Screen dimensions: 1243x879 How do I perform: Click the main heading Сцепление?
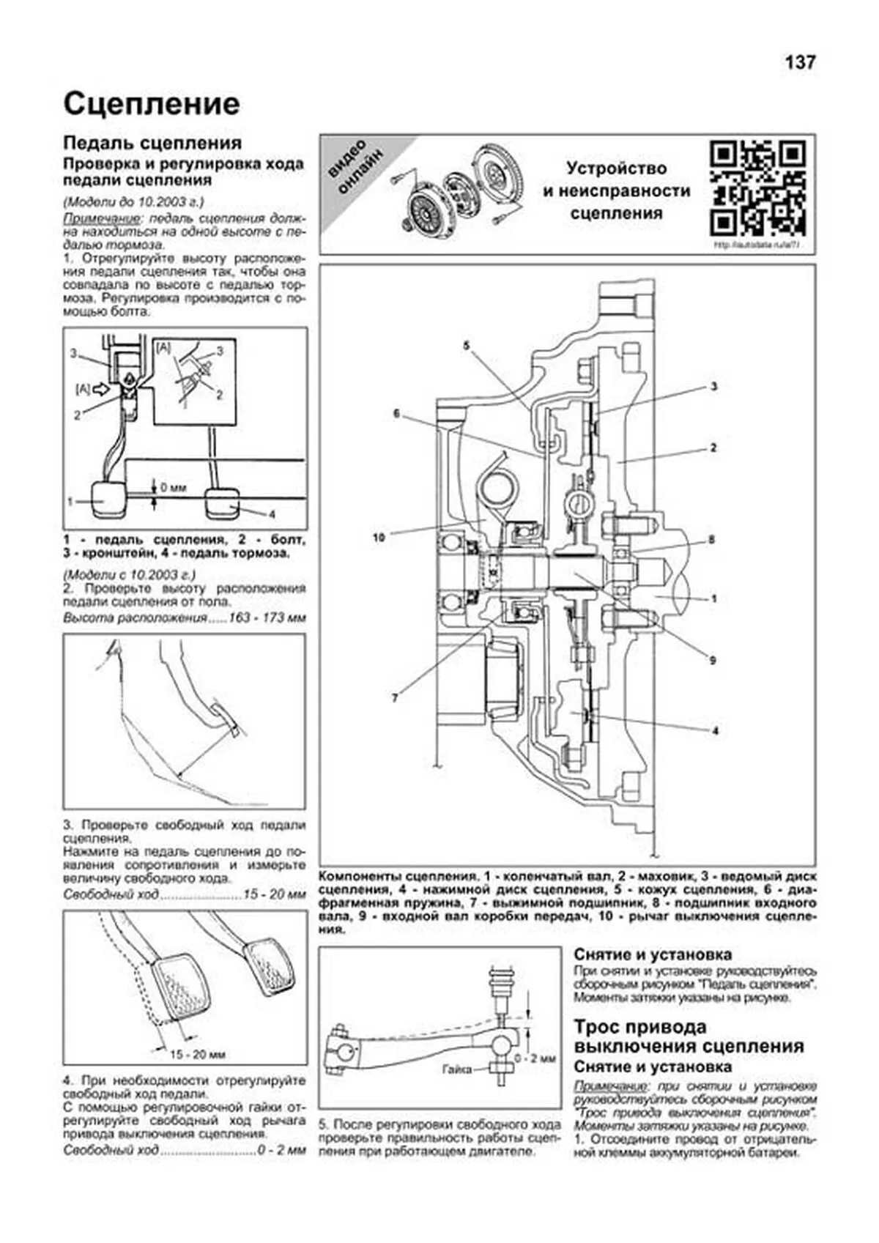tap(152, 104)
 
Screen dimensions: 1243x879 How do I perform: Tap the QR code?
tap(757, 188)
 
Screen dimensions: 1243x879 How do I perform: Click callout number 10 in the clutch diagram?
tap(379, 537)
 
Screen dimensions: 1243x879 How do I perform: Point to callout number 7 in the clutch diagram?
tap(395, 698)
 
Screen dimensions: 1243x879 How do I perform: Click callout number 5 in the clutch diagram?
tap(466, 345)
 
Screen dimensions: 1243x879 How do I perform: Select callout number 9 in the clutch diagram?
tap(712, 660)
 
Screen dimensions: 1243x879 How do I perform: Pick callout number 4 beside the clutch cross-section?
tap(715, 730)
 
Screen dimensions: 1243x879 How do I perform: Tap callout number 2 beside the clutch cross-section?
tap(713, 448)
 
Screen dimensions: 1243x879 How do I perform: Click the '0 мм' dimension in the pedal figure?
tap(173, 486)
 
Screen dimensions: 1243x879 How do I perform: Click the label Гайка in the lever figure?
tap(457, 1069)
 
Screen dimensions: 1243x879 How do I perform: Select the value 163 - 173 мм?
tap(267, 618)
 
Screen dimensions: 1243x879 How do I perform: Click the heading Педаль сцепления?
tap(152, 143)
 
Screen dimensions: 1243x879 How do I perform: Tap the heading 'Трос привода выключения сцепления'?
tap(688, 1036)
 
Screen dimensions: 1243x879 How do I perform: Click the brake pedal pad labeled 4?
tap(222, 502)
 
